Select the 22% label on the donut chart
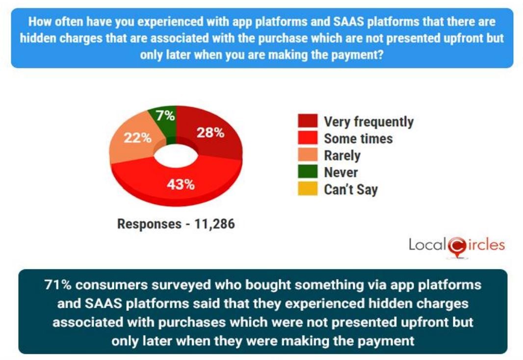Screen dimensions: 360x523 pos(137,138)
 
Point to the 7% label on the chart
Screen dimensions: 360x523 pos(165,116)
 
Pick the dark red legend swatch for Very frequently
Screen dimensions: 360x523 pos(308,121)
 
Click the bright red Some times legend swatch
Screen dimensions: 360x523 pos(308,138)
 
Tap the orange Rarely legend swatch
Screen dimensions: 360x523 pos(308,155)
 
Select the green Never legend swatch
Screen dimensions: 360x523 pos(308,172)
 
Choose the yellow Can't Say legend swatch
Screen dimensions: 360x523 pos(308,189)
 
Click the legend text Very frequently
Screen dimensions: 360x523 pos(368,122)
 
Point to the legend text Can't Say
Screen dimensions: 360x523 pos(351,189)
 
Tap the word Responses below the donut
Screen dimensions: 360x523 pos(149,224)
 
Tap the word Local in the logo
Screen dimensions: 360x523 pos(426,244)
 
